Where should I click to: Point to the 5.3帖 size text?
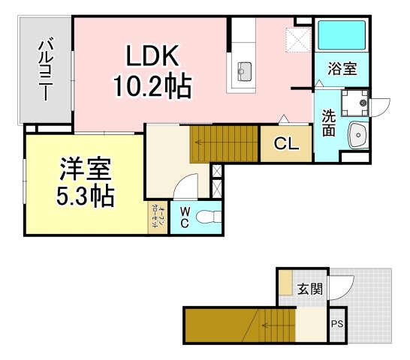[85, 197]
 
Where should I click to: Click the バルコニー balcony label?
[44, 70]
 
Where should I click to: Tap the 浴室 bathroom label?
[342, 69]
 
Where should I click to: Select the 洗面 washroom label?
[329, 124]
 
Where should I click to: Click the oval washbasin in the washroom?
[357, 136]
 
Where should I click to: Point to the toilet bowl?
[207, 218]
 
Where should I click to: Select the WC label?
[182, 217]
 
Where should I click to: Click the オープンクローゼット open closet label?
[158, 217]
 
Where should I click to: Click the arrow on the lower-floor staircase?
[268, 325]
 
